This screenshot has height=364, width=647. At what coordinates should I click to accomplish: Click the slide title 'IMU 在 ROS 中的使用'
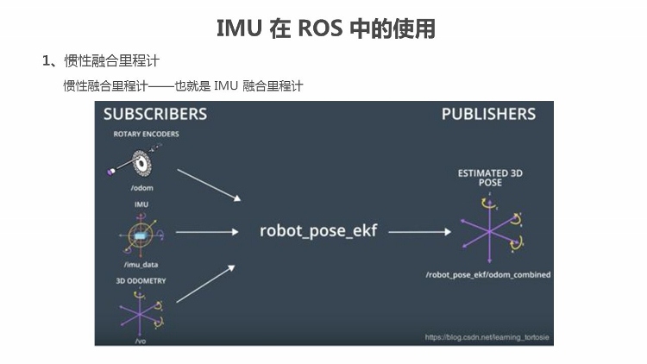pos(325,28)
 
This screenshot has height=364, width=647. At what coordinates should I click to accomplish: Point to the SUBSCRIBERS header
pos(155,115)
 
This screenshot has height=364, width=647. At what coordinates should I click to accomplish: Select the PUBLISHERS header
pos(488,115)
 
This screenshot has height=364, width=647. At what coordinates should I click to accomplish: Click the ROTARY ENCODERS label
pos(146,135)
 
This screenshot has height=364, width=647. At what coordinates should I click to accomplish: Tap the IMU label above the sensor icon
pos(141,204)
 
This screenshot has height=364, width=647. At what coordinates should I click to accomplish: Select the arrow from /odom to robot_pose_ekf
pos(209,184)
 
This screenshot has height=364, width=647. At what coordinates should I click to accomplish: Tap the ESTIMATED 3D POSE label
pos(489,179)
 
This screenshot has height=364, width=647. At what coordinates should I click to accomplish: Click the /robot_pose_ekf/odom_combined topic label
pos(488,274)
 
